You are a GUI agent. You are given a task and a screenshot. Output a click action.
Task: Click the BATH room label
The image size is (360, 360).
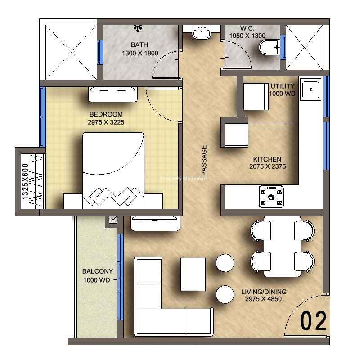point(139,45)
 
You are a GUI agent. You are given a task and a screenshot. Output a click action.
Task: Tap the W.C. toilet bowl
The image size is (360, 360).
point(270,47)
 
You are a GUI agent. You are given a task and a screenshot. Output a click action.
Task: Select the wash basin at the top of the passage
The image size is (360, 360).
point(202,32)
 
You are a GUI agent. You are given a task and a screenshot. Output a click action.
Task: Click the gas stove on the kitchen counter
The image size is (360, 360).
point(271,197)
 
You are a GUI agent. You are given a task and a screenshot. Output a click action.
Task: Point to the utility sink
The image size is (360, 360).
point(310,90)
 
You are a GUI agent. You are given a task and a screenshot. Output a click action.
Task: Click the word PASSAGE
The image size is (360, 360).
point(204,160)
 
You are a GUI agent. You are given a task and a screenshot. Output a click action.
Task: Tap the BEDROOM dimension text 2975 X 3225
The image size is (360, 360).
point(106,122)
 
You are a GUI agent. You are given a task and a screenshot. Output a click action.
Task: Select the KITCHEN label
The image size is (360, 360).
point(267,159)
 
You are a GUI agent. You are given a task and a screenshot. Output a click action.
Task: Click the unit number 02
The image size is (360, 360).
point(313,321)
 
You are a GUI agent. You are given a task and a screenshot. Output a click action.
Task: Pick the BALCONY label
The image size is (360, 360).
point(97,271)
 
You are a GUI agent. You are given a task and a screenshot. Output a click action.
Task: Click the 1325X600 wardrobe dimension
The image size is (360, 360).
point(25,181)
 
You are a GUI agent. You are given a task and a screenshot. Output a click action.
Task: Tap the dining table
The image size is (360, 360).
point(283,246)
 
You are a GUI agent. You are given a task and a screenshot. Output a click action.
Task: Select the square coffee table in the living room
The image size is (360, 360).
point(193,274)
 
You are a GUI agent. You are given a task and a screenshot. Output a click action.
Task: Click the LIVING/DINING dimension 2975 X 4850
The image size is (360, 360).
point(263,299)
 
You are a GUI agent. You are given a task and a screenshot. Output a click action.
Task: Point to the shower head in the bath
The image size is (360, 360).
point(138,28)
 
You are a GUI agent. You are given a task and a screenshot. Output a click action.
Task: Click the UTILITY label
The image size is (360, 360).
point(283,86)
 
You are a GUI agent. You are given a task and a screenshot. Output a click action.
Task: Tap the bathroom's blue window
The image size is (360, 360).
point(100,52)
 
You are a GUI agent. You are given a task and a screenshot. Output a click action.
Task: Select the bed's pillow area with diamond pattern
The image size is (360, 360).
point(113,196)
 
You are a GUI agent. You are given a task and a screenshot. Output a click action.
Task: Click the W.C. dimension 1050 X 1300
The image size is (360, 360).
point(247,36)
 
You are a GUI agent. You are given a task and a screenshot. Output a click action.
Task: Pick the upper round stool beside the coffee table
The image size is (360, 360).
point(225,263)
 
